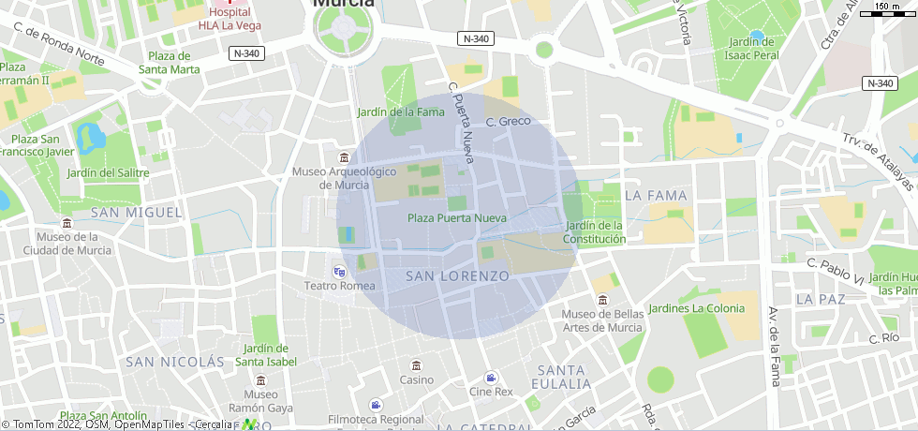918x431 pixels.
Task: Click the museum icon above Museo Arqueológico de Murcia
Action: tap(344, 156)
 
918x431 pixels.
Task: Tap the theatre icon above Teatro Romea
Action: tap(339, 271)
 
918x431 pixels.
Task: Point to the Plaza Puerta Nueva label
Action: tap(456, 218)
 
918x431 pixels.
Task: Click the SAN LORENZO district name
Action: tap(458, 276)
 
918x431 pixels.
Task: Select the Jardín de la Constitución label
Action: tap(594, 232)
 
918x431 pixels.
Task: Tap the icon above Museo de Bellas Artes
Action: tap(602, 299)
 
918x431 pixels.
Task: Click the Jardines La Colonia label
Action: tap(696, 308)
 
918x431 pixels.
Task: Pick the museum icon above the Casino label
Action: tap(417, 364)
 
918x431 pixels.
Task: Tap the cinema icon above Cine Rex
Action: tap(491, 377)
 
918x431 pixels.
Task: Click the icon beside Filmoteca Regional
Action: tap(376, 405)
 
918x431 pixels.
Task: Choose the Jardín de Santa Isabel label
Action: tap(266, 355)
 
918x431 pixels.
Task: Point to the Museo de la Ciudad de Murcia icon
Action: tap(67, 223)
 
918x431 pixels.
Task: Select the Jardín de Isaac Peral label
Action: tap(752, 49)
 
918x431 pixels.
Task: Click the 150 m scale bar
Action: tap(887, 11)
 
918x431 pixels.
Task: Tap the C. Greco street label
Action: tap(508, 122)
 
